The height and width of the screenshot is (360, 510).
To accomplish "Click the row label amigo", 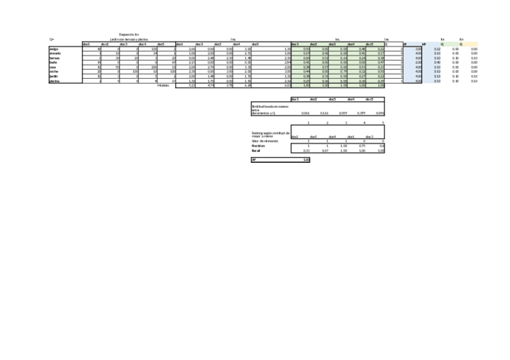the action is coord(54,49).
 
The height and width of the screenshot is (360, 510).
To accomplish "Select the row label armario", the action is coord(55,53).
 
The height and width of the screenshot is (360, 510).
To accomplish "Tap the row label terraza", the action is coord(55,58).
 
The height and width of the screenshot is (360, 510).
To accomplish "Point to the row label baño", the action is coord(54,63).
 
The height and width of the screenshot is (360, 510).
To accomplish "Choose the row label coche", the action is coord(54,72).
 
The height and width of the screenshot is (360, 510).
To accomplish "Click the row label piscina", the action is coord(54,81).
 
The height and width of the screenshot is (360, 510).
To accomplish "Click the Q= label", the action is coord(52,40).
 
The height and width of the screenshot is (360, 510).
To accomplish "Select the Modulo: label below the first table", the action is coord(163,85).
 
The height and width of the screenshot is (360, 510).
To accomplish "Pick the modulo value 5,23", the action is coord(192,85).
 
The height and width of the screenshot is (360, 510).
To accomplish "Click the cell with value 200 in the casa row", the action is coord(154,67).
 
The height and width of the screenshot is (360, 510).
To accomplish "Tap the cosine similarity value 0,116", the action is coord(324,113).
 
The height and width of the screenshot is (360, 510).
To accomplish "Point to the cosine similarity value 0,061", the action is coord(306,113).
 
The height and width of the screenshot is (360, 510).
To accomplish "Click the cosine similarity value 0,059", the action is coord(343,113).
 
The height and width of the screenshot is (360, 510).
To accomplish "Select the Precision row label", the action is coord(258,145).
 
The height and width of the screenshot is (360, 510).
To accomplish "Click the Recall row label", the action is coord(256,150).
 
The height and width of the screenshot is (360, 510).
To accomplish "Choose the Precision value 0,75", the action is coord(361,145).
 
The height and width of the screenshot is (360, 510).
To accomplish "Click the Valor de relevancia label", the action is coord(265,141).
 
